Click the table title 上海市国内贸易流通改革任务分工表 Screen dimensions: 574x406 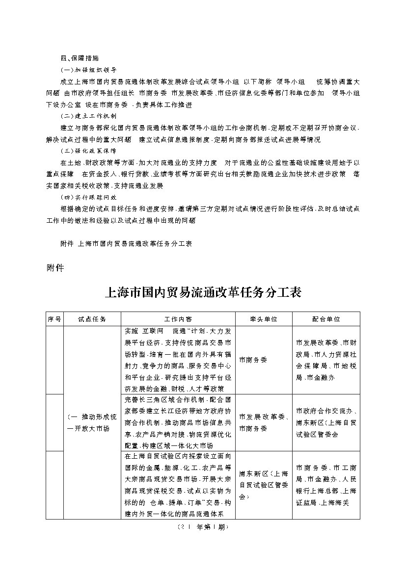[x=203, y=292]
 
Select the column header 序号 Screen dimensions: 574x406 [x=54, y=319]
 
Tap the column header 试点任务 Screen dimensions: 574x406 [x=92, y=319]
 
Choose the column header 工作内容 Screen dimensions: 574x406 [x=178, y=319]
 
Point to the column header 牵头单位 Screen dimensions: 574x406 [x=264, y=319]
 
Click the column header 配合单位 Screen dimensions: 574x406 [x=326, y=319]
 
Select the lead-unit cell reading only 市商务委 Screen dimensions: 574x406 [x=253, y=360]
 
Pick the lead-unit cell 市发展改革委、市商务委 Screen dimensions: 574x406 [x=264, y=422]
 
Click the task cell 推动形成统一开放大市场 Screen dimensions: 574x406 [x=92, y=422]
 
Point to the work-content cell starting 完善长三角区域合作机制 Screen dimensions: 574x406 [x=178, y=422]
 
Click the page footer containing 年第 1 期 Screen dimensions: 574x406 [x=202, y=527]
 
